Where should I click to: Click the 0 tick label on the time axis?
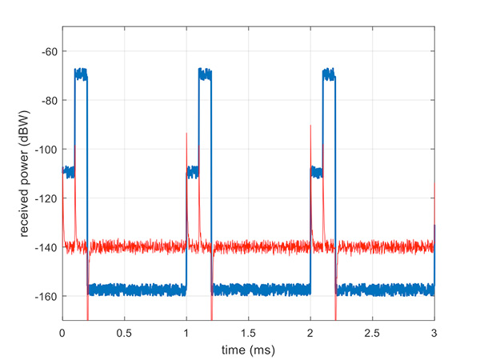[62, 330]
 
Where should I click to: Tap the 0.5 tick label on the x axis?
[124, 330]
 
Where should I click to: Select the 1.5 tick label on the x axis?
[248, 330]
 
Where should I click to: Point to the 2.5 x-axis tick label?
[372, 330]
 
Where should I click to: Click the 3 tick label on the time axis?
[434, 330]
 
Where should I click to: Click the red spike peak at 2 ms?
[310, 126]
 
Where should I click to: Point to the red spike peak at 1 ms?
[186, 134]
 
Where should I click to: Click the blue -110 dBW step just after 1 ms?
[192, 171]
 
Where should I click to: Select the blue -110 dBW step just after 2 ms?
[317, 171]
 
